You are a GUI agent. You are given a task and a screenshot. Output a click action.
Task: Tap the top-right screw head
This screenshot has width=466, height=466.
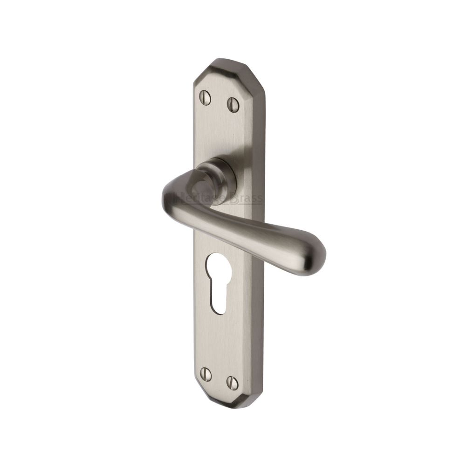click(233, 104)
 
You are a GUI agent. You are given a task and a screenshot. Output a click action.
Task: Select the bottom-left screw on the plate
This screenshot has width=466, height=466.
click(205, 374)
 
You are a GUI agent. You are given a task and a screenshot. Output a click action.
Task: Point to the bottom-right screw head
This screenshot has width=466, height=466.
click(232, 382)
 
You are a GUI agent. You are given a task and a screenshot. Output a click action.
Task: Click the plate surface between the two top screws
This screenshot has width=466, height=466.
click(219, 101)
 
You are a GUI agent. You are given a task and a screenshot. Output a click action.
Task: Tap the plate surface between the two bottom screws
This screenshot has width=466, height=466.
click(219, 378)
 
